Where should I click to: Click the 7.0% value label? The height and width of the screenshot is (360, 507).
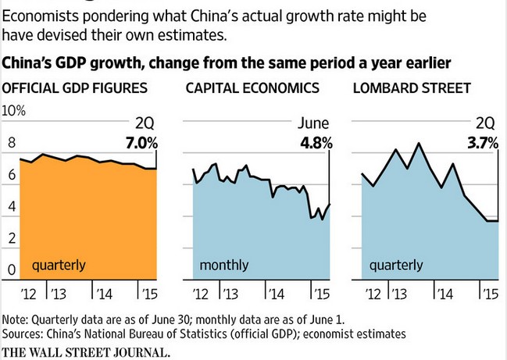point(141,143)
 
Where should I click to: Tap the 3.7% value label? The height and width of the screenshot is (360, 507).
point(481,143)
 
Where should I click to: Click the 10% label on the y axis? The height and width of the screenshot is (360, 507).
point(15,111)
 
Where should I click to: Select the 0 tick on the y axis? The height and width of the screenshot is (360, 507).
point(11,270)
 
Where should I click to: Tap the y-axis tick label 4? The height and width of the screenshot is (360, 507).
point(11,207)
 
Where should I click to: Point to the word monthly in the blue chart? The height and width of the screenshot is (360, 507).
point(224,266)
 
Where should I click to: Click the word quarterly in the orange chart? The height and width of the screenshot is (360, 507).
point(59,266)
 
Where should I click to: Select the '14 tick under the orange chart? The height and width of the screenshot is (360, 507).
point(102,294)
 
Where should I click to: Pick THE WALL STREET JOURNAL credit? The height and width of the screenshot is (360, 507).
point(86,351)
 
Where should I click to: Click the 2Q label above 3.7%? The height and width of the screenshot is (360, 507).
point(486,123)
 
